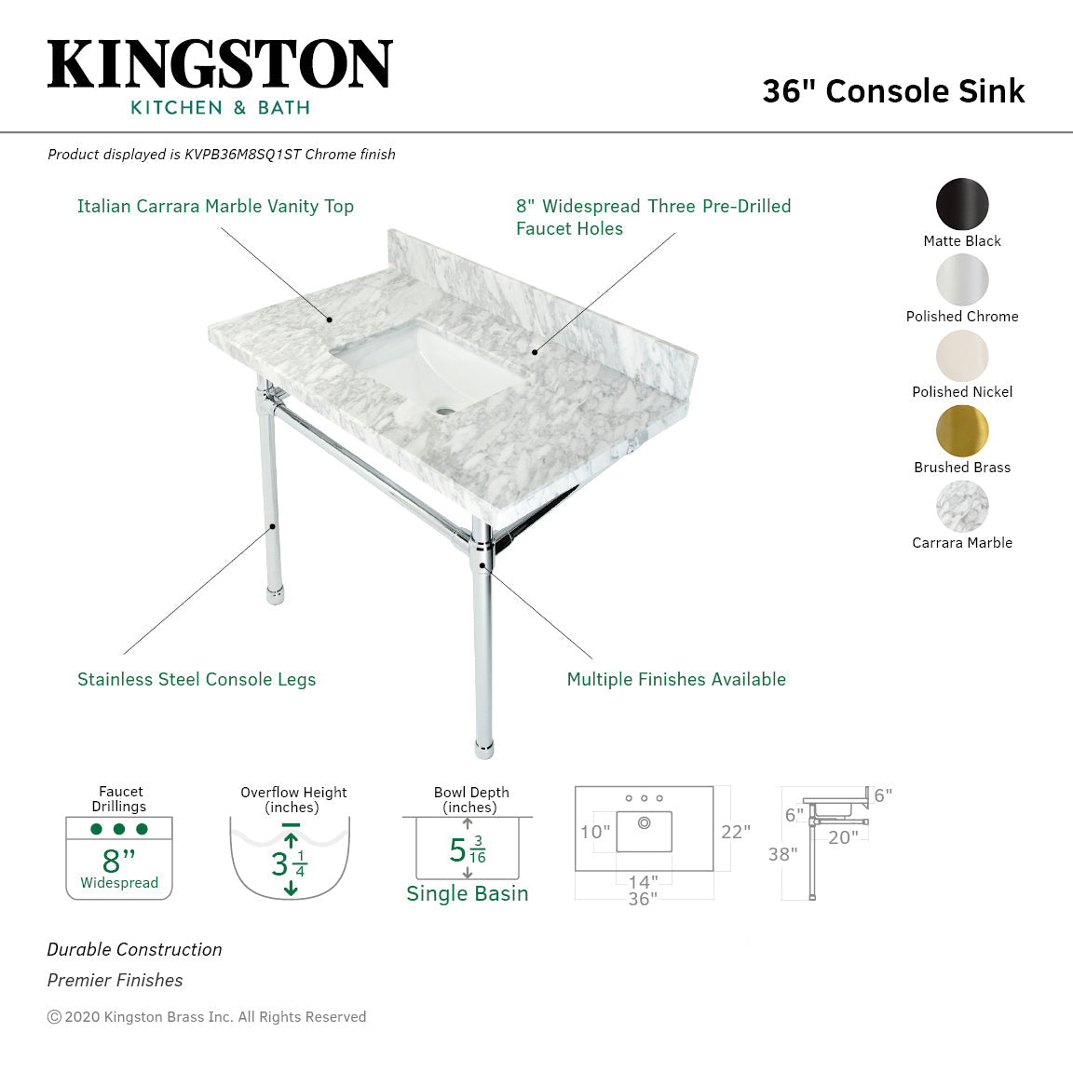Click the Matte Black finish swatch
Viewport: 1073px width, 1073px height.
click(962, 203)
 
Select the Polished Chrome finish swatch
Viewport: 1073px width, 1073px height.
click(962, 279)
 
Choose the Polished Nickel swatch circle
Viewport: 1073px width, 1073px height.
click(962, 355)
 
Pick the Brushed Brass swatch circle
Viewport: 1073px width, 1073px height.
click(962, 430)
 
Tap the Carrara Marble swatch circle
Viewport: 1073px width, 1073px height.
click(962, 506)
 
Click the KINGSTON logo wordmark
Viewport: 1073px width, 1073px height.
click(220, 64)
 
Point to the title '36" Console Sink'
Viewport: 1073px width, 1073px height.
click(893, 91)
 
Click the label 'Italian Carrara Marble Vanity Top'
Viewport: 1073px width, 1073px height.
click(215, 207)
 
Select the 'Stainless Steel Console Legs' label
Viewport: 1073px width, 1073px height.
click(197, 680)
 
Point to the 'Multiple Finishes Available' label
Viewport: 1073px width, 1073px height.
click(676, 680)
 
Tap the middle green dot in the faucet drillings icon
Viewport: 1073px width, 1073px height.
click(119, 829)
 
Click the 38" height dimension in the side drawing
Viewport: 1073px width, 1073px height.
click(782, 854)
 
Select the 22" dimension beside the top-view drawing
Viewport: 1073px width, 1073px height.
click(735, 832)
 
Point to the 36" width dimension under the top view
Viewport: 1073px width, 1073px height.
click(643, 899)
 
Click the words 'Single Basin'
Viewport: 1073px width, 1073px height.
click(468, 894)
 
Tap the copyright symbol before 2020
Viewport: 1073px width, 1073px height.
click(54, 1017)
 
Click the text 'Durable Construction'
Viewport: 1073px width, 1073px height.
click(135, 950)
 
